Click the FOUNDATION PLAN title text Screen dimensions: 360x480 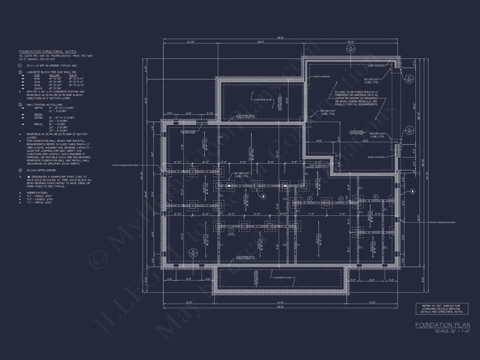click(x=442, y=325)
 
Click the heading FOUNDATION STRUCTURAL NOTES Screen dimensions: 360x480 click(x=47, y=51)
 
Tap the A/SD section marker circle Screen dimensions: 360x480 click(x=351, y=48)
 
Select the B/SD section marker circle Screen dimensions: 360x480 click(x=192, y=252)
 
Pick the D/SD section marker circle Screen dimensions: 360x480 click(x=409, y=79)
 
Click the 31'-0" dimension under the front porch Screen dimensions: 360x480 click(x=280, y=302)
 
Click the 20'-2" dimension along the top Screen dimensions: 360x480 click(x=261, y=42)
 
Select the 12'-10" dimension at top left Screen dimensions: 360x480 click(x=190, y=42)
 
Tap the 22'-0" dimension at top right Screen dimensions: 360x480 click(x=350, y=42)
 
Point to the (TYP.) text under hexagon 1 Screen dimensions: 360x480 click(x=231, y=235)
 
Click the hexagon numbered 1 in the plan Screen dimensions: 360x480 click(x=231, y=230)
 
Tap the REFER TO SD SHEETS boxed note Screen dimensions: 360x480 click(x=442, y=309)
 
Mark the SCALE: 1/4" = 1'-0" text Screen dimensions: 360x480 click(x=453, y=332)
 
